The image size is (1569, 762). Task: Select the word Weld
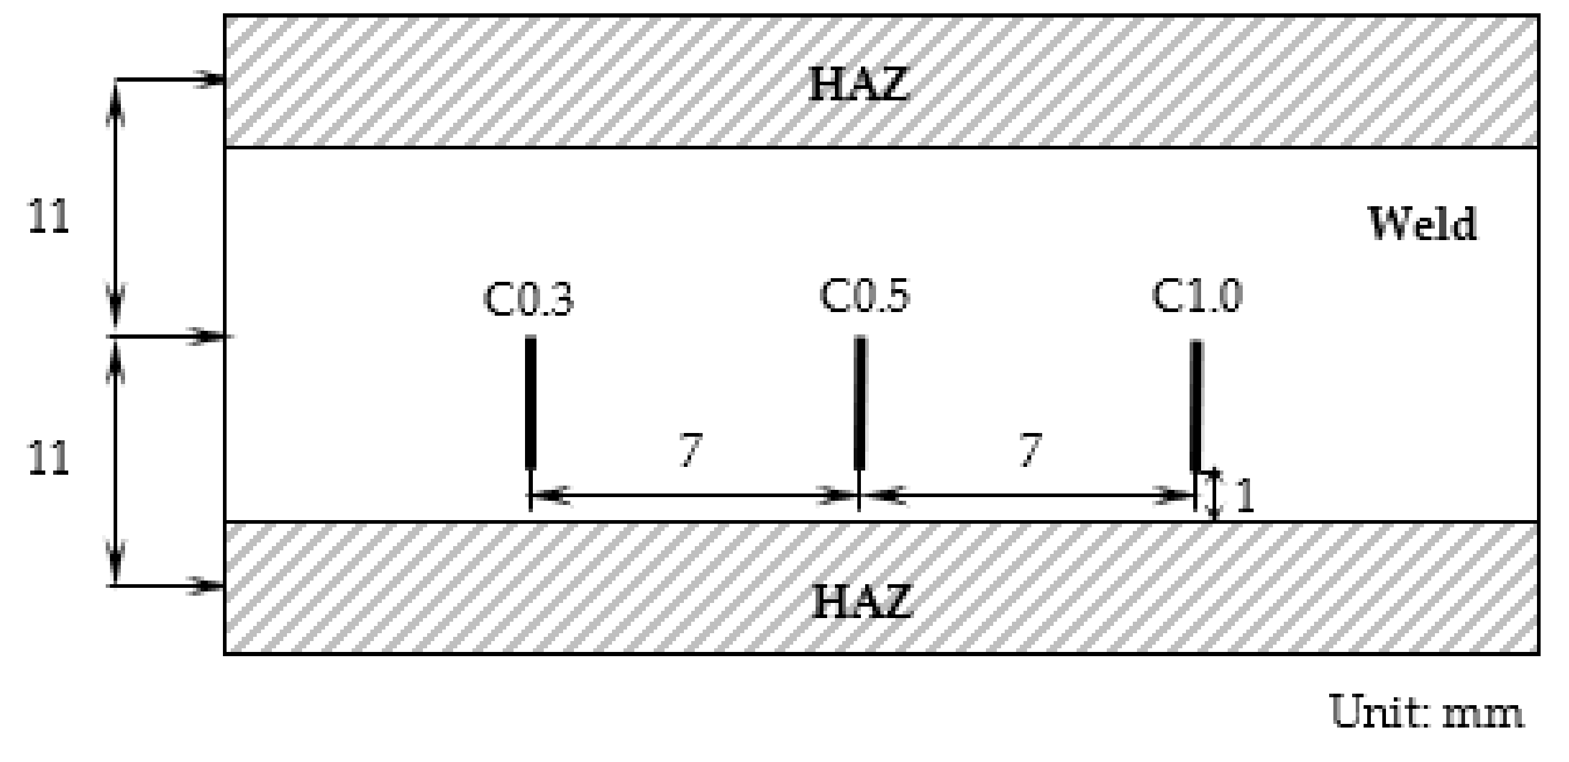pyautogui.click(x=1422, y=224)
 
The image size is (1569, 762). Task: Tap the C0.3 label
pyautogui.click(x=528, y=299)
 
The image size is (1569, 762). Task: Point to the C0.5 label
pyautogui.click(x=865, y=296)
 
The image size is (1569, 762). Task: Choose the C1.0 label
pyautogui.click(x=1196, y=296)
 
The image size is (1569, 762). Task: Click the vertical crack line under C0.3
pyautogui.click(x=530, y=402)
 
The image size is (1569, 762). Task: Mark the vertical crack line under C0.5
pyautogui.click(x=860, y=402)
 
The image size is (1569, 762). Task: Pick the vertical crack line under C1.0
pyautogui.click(x=1196, y=405)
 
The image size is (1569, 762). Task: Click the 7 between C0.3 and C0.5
pyautogui.click(x=690, y=450)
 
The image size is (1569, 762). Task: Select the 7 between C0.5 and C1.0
pyautogui.click(x=1030, y=450)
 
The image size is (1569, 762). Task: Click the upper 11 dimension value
pyautogui.click(x=49, y=217)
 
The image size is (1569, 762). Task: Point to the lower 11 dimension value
pyautogui.click(x=49, y=458)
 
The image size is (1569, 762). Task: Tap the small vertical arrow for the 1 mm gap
pyautogui.click(x=1214, y=495)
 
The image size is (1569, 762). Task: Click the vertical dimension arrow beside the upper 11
pyautogui.click(x=117, y=207)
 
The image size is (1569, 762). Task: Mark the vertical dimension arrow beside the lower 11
pyautogui.click(x=117, y=461)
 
